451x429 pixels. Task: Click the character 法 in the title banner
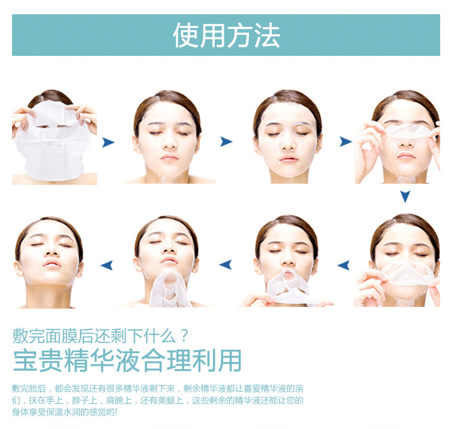tap(268, 35)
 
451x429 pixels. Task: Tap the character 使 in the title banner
tap(186, 35)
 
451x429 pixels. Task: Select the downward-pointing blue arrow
tap(405, 196)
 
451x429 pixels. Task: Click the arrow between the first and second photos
tap(108, 142)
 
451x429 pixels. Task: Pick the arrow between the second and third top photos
tap(227, 141)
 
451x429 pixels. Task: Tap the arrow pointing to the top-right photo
tap(346, 141)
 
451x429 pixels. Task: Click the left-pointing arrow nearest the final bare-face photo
tap(107, 265)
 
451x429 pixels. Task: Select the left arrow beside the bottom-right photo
tap(344, 265)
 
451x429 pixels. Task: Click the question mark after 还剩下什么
tap(185, 335)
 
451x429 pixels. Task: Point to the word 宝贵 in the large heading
tap(38, 361)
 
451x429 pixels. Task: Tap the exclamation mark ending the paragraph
tap(116, 412)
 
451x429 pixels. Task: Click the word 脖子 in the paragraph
tap(80, 400)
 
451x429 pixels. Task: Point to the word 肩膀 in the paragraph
tap(115, 400)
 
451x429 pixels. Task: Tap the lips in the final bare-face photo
tap(52, 264)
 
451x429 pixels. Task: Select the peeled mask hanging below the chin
tap(169, 290)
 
